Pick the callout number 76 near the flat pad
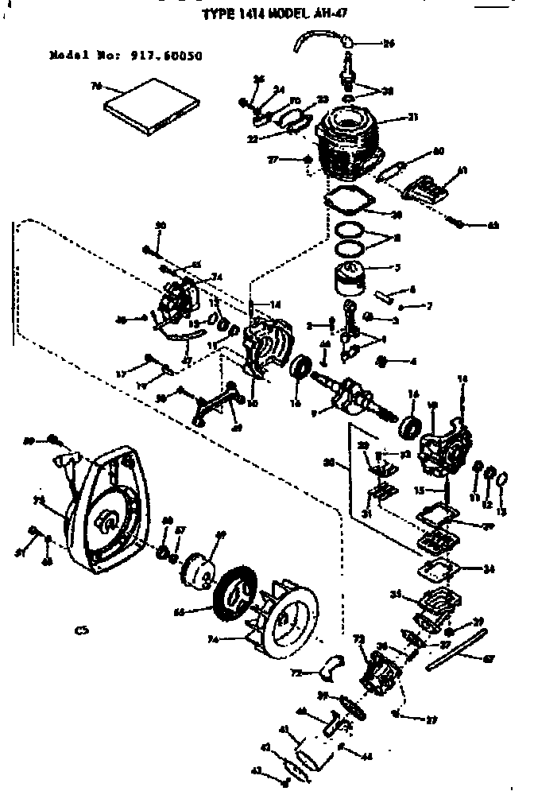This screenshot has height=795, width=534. pyautogui.click(x=99, y=86)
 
